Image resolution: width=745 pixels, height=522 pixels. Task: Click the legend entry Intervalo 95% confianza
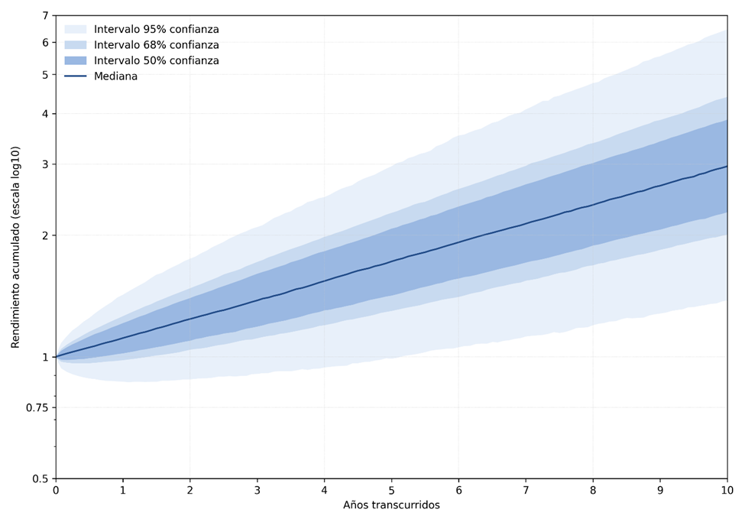pos(156,30)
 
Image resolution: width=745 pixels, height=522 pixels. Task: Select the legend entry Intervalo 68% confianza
pos(156,45)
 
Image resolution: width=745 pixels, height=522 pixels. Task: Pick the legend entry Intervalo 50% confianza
pos(156,61)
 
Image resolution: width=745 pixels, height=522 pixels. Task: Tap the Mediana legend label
pos(115,76)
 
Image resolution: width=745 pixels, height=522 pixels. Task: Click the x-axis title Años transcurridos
pos(391,505)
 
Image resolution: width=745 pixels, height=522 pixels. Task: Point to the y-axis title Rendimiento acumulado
pos(16,247)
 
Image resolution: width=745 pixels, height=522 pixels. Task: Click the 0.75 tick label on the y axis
pos(36,408)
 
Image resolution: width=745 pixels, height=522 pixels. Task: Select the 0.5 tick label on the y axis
pos(40,479)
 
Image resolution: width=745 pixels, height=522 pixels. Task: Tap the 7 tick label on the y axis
pos(45,15)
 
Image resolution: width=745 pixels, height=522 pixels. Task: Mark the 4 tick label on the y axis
pos(45,114)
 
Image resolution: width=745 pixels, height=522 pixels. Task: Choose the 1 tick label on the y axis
pos(45,357)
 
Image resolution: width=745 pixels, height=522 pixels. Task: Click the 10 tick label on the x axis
pos(727,490)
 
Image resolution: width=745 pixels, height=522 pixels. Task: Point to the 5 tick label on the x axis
pos(391,490)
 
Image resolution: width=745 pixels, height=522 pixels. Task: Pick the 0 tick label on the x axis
pos(56,490)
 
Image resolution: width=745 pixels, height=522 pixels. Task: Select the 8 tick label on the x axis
pos(593,490)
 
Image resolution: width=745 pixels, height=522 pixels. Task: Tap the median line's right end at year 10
pos(726,167)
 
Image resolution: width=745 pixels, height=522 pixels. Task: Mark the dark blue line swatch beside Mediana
pos(75,76)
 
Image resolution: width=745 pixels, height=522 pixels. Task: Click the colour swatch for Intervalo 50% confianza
pos(75,61)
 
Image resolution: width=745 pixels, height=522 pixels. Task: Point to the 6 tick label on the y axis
pos(45,43)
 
